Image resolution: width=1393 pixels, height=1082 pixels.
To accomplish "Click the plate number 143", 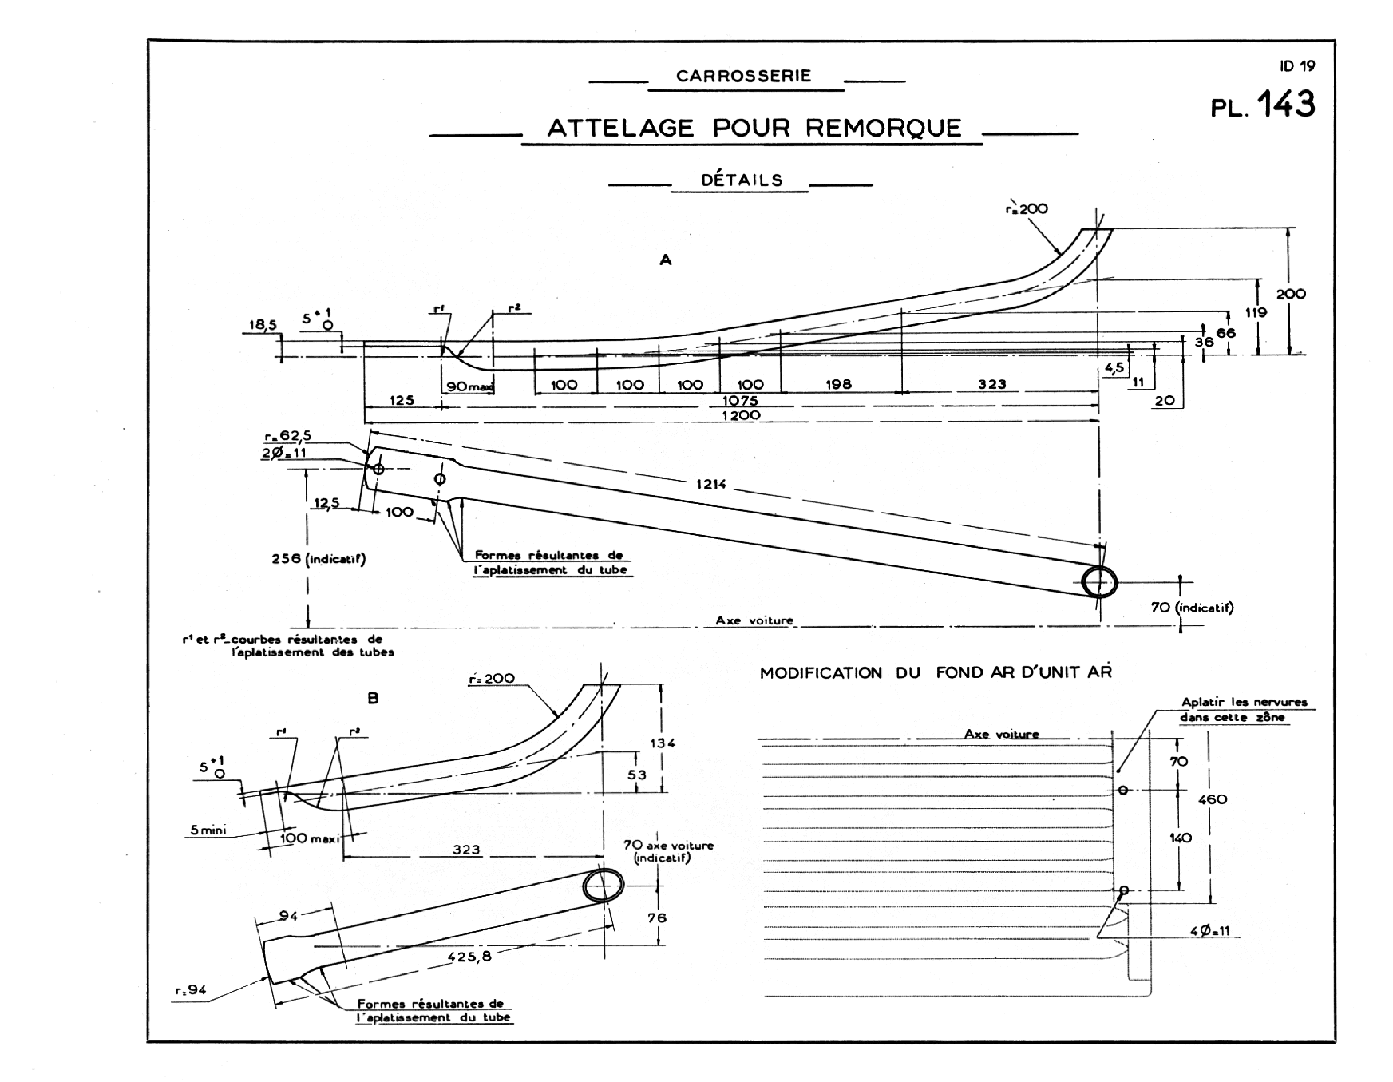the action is click(1286, 105).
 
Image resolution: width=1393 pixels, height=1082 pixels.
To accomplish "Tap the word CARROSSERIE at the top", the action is click(743, 76).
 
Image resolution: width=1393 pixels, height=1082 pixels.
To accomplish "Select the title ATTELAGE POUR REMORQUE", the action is click(754, 128).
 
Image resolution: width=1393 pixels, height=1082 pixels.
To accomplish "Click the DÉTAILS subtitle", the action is click(742, 180).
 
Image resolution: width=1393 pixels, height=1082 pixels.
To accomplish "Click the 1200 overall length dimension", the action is click(741, 415).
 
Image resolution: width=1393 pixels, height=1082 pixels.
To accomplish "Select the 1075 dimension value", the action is click(740, 400).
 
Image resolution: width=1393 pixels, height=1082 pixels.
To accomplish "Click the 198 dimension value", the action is click(838, 384).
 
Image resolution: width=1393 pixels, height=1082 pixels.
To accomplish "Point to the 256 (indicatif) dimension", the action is click(319, 559).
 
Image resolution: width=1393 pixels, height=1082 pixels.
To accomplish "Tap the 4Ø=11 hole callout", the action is click(1209, 932).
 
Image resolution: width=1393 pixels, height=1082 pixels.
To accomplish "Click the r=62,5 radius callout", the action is click(287, 436).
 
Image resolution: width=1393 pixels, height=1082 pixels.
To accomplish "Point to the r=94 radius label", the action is click(190, 991).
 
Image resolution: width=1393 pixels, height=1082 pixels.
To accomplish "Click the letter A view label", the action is click(665, 260).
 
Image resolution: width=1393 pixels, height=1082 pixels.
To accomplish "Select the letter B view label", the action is click(373, 698).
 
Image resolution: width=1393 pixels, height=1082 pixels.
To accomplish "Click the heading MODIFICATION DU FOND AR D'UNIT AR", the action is click(936, 672).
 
